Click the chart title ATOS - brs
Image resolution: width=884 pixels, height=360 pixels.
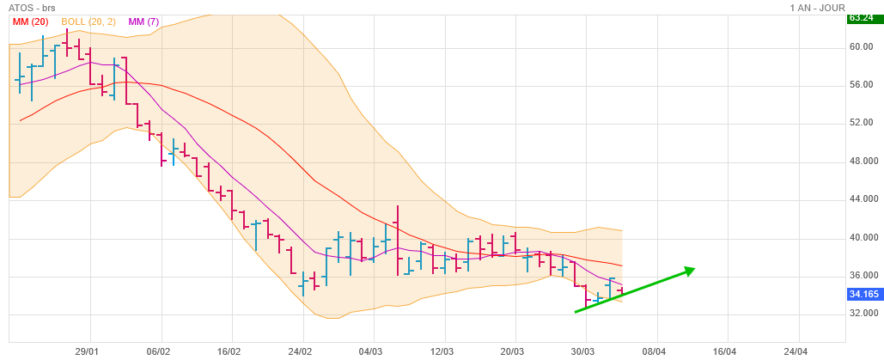(x=33, y=8)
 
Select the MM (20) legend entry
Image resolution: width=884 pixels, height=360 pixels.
(x=30, y=21)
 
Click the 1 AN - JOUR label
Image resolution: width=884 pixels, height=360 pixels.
(x=817, y=8)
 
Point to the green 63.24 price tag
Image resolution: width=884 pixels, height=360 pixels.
(x=862, y=17)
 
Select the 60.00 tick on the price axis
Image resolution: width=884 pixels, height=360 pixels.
(x=861, y=47)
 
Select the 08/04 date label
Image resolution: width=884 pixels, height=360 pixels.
(x=655, y=351)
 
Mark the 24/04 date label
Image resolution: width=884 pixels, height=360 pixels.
(x=796, y=351)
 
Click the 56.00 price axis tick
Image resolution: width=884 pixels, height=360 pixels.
(x=861, y=85)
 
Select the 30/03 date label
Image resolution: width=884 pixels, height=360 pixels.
(x=584, y=351)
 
